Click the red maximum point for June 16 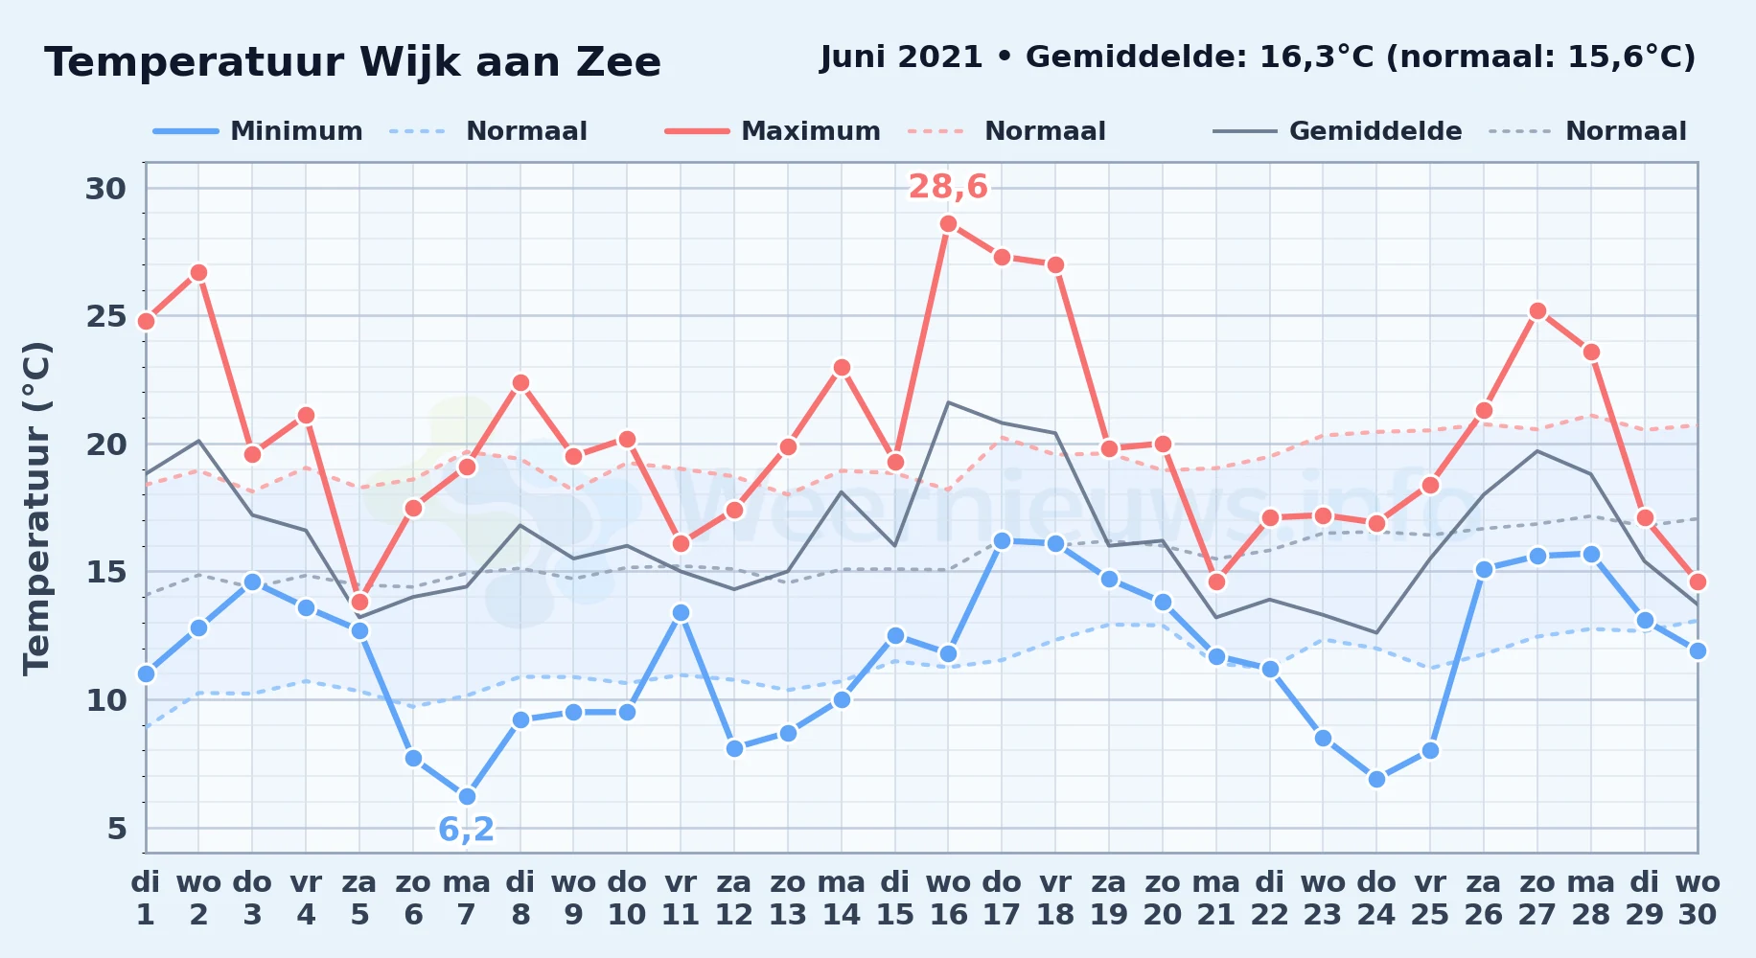coord(948,224)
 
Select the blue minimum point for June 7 coord(467,797)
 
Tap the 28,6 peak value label coord(948,187)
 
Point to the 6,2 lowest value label coord(467,829)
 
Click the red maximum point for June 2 coord(198,273)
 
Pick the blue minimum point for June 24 coord(1376,780)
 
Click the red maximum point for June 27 coord(1537,311)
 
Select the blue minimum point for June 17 coord(1002,541)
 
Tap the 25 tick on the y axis coord(105,316)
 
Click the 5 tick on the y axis coord(117,828)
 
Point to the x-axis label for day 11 coord(681,899)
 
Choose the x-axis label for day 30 coord(1698,899)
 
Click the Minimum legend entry coord(259,131)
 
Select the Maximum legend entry coord(773,131)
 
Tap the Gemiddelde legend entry coord(1338,131)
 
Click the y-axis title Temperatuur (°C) coord(36,508)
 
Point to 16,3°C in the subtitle coord(1317,57)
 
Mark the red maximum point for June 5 coord(359,602)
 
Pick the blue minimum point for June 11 coord(681,613)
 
